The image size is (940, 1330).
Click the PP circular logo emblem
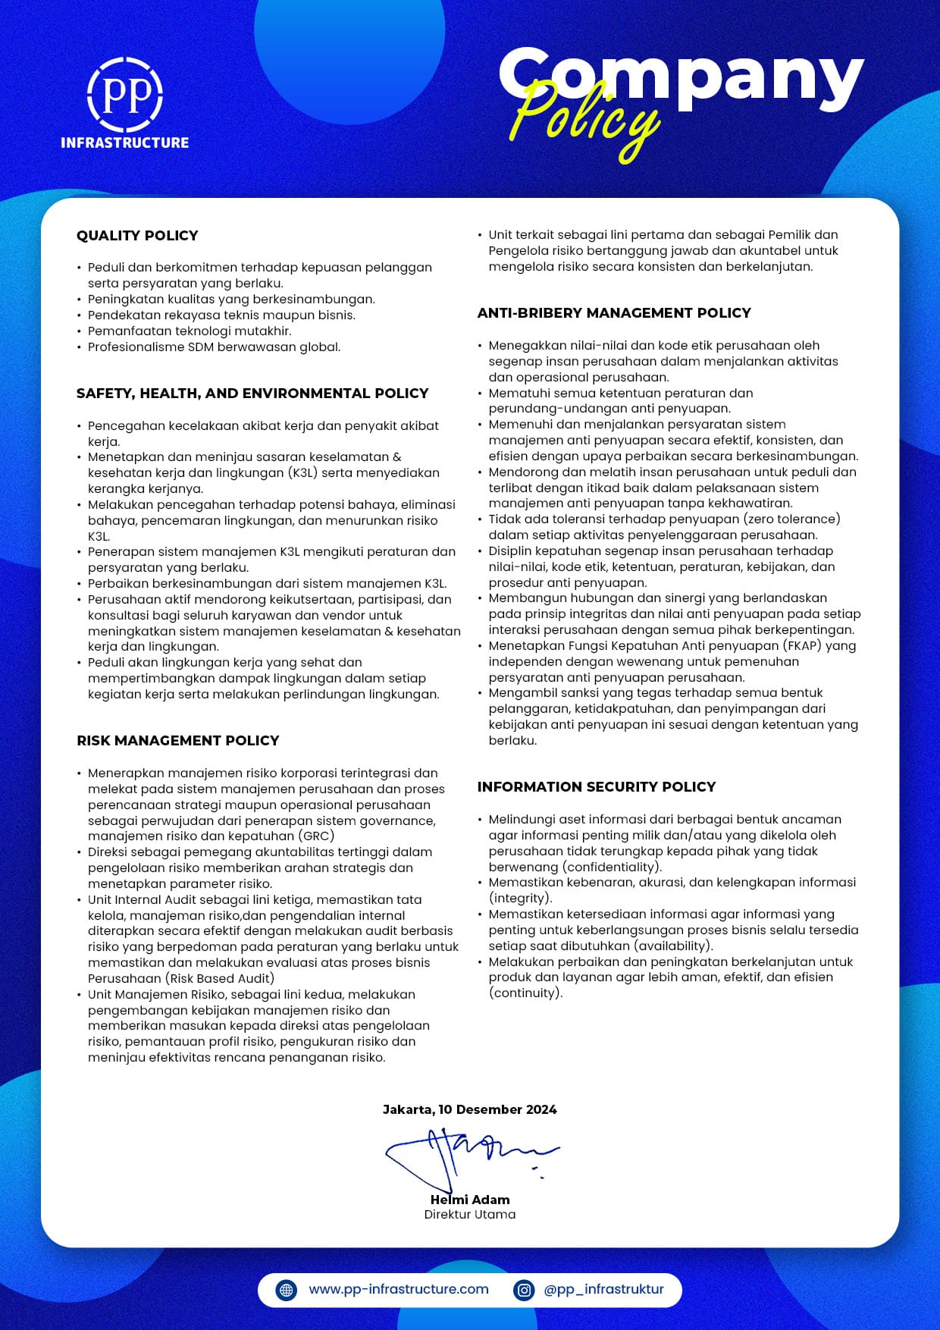(x=125, y=93)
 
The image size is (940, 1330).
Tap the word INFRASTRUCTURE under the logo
(x=125, y=143)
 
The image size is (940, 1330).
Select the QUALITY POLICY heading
(x=137, y=236)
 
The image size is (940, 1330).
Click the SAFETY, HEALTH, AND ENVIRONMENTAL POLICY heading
(x=252, y=394)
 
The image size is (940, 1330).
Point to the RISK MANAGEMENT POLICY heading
(x=178, y=741)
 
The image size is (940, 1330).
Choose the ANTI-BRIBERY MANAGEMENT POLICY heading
(x=614, y=313)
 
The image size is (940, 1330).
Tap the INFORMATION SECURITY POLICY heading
(x=597, y=787)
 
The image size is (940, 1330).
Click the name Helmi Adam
(x=470, y=1200)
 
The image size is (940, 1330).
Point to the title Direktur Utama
(x=470, y=1215)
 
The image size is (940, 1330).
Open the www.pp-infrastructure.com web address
(x=399, y=1289)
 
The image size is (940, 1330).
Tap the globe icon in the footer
(x=287, y=1290)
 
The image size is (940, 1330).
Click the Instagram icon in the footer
(x=524, y=1290)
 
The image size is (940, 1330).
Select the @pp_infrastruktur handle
(x=603, y=1289)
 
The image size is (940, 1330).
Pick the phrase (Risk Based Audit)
(x=220, y=978)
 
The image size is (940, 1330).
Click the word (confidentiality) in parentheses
(x=613, y=867)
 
